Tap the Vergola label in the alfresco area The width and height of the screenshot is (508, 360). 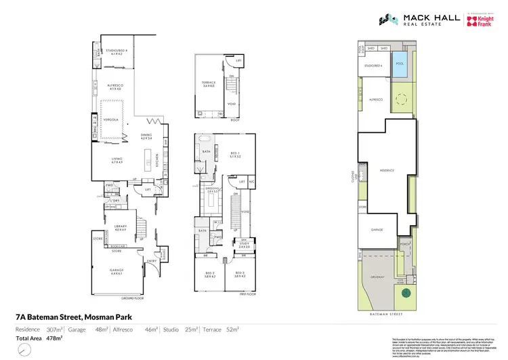coord(112,119)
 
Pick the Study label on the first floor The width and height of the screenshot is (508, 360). coord(245,245)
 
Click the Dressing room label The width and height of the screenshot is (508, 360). coord(213,190)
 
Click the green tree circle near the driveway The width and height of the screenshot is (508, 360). coord(406,293)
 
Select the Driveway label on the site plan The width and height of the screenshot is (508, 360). coord(377,277)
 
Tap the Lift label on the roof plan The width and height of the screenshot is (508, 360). coord(238,61)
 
